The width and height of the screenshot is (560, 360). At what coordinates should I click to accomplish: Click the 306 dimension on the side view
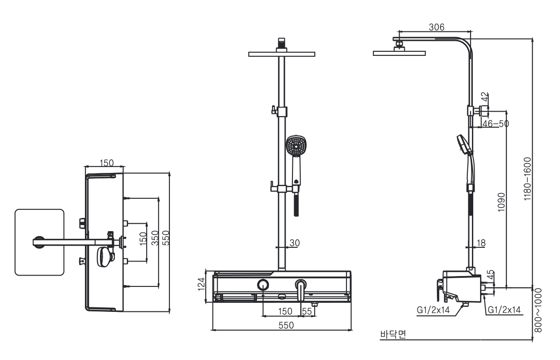tap(436, 27)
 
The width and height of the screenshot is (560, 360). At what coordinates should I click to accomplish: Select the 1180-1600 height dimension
tap(527, 179)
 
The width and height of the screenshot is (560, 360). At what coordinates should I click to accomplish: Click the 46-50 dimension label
tap(496, 123)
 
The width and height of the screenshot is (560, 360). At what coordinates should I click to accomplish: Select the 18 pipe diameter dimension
tap(481, 243)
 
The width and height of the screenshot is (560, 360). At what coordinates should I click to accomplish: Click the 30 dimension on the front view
tap(294, 243)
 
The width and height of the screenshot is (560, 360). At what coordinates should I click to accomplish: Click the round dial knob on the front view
tap(263, 285)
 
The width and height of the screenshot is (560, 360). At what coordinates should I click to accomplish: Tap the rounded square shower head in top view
tap(39, 242)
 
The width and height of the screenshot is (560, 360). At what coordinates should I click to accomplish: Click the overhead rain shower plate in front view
tap(282, 54)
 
